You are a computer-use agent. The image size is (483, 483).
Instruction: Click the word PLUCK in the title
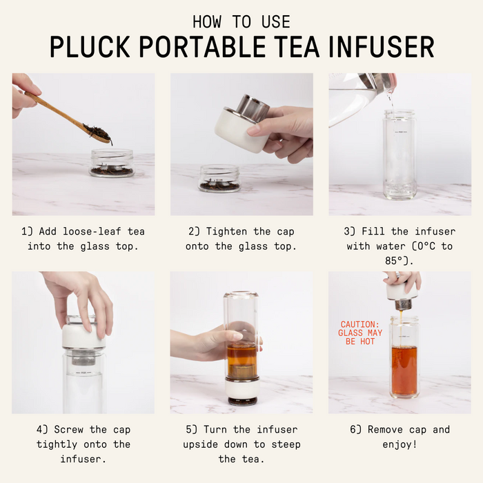click(90, 47)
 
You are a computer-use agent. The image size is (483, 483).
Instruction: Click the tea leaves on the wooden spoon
click(98, 132)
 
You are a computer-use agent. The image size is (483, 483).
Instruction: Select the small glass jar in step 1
click(112, 163)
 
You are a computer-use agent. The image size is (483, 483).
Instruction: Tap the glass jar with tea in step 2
click(219, 178)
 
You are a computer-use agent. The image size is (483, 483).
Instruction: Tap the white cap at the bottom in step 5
click(241, 388)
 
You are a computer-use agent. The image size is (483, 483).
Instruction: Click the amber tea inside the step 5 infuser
click(241, 361)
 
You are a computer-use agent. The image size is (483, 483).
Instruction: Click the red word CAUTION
click(359, 324)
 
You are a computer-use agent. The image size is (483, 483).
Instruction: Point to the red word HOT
click(367, 342)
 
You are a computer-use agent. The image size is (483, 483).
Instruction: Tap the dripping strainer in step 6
click(403, 304)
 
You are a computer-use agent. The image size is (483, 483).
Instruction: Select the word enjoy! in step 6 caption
click(400, 444)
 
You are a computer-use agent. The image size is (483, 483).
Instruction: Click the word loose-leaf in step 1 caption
click(92, 231)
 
